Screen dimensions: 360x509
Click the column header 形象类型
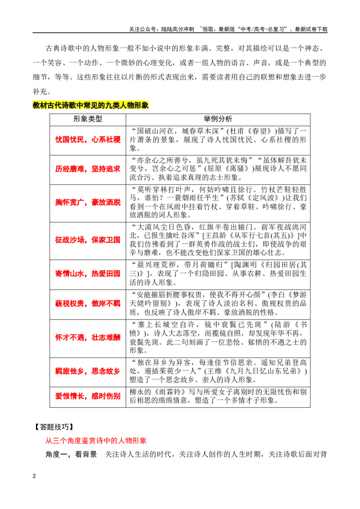(88, 119)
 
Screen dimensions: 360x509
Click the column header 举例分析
(218, 119)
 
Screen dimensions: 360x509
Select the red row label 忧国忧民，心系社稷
(88, 139)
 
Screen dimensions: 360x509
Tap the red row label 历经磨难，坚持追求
(88, 169)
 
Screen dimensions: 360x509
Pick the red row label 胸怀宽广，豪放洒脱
(88, 202)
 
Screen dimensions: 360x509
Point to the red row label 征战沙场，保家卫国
(88, 240)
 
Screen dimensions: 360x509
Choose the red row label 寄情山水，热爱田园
(88, 274)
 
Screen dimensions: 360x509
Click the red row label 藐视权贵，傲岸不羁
(88, 304)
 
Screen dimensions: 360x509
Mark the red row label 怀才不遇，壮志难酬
(88, 338)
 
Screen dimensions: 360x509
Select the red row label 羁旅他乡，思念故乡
(88, 371)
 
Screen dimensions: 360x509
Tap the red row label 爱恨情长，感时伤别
(88, 396)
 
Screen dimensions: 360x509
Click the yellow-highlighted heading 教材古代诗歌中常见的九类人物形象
(90, 105)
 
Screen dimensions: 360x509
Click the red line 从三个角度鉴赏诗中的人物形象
(96, 441)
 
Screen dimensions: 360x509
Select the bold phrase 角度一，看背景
(71, 455)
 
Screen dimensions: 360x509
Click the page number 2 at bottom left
(34, 476)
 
